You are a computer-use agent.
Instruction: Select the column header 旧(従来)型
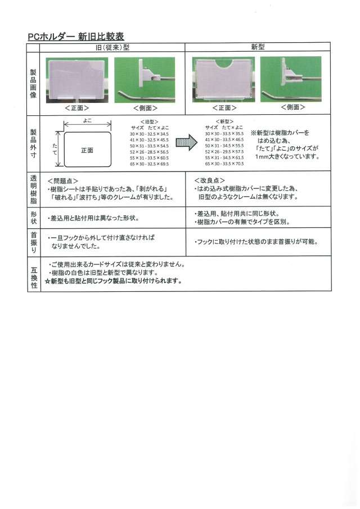(112, 48)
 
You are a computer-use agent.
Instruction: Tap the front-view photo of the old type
(77, 79)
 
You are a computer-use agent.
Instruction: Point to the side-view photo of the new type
(291, 79)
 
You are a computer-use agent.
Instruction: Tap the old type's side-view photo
(145, 79)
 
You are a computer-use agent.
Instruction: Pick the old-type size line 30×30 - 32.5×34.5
(148, 134)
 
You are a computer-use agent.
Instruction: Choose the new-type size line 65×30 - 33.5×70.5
(224, 164)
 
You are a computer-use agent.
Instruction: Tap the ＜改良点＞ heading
(209, 181)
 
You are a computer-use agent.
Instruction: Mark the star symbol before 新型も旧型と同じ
(48, 281)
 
